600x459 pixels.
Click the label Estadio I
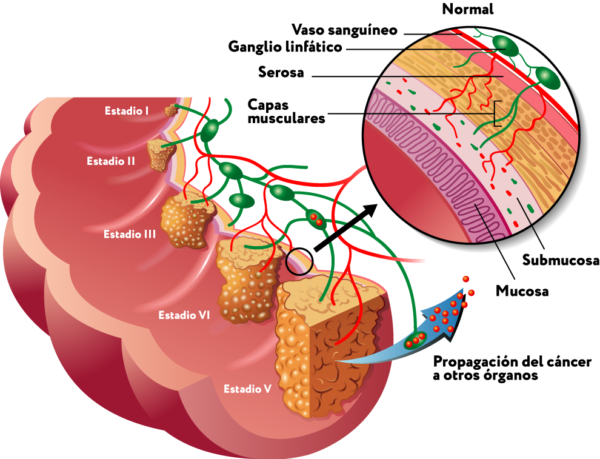[x=127, y=111]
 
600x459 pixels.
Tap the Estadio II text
[x=110, y=161]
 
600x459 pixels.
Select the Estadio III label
[x=130, y=234]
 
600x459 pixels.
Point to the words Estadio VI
[x=184, y=315]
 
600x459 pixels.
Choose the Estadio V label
[x=247, y=389]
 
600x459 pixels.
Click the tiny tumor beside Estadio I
[x=171, y=111]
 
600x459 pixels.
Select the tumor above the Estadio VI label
[x=247, y=282]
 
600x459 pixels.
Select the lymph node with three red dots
[x=415, y=340]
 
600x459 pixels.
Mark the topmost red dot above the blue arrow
[x=465, y=279]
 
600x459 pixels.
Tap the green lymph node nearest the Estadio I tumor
[x=210, y=129]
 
